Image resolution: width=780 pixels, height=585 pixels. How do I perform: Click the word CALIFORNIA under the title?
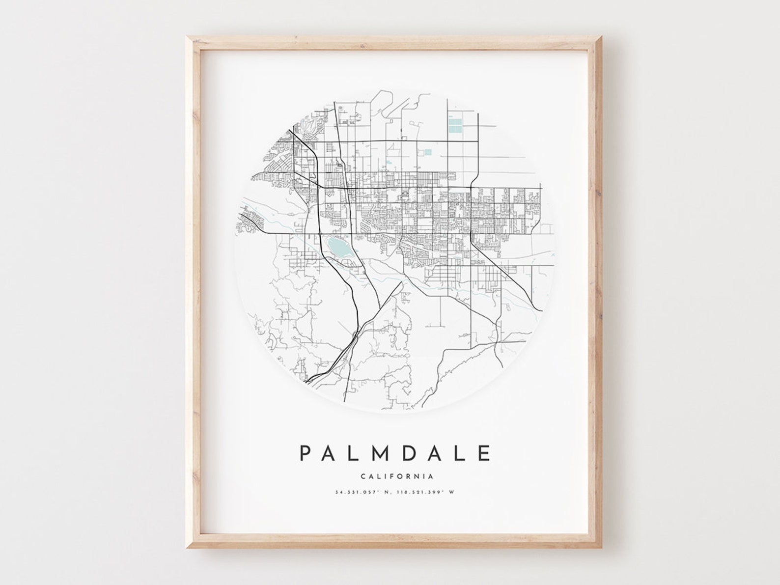(x=396, y=476)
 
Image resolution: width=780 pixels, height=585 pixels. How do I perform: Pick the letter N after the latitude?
(x=384, y=492)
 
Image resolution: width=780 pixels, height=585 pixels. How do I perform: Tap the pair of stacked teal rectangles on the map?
(x=455, y=126)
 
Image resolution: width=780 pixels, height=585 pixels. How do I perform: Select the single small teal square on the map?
(x=427, y=152)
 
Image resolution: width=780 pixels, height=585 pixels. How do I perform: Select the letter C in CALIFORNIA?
(x=363, y=476)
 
